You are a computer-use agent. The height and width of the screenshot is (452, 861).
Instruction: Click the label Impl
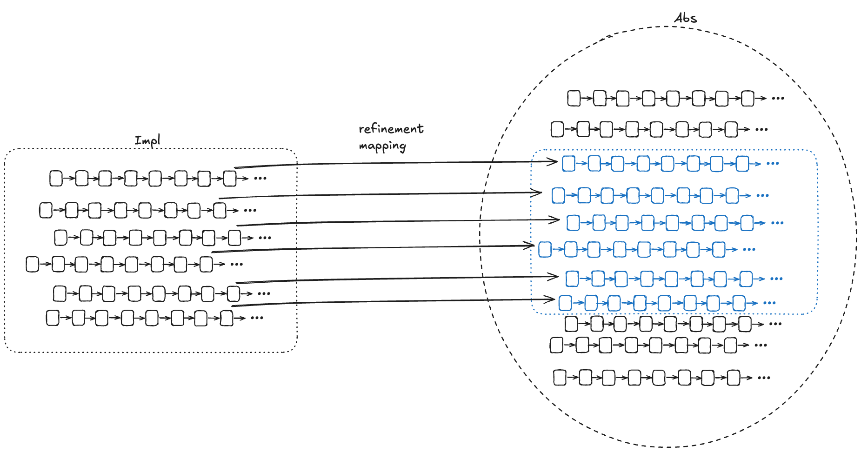[147, 140]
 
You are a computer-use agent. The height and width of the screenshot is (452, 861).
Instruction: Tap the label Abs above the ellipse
[686, 18]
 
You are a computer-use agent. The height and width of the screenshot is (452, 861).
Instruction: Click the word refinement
[391, 129]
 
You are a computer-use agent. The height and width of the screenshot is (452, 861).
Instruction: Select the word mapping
[382, 146]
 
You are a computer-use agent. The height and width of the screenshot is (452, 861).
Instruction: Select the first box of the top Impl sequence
[56, 178]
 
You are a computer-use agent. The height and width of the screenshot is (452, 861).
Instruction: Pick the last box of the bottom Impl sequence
[227, 318]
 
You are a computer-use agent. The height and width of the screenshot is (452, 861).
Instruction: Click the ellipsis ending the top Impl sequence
[260, 178]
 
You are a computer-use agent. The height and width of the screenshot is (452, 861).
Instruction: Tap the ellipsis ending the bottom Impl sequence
[257, 318]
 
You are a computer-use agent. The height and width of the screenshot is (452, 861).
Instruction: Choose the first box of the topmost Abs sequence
[574, 98]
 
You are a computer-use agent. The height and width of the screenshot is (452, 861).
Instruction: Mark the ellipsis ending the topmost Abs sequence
[778, 98]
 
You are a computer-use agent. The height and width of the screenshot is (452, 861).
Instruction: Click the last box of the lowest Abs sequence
[734, 378]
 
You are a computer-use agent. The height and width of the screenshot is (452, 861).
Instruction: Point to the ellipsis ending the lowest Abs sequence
[764, 378]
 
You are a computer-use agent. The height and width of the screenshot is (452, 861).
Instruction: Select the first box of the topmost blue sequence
[568, 164]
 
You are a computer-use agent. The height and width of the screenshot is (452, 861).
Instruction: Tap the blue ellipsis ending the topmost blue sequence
[773, 164]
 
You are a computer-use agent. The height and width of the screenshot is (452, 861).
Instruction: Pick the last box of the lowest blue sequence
[739, 303]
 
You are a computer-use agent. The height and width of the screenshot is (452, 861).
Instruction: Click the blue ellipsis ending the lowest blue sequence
[769, 303]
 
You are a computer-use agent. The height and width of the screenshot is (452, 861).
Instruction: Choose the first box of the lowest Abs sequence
[560, 378]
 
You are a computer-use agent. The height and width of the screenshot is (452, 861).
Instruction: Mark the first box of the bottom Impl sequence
[53, 318]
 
